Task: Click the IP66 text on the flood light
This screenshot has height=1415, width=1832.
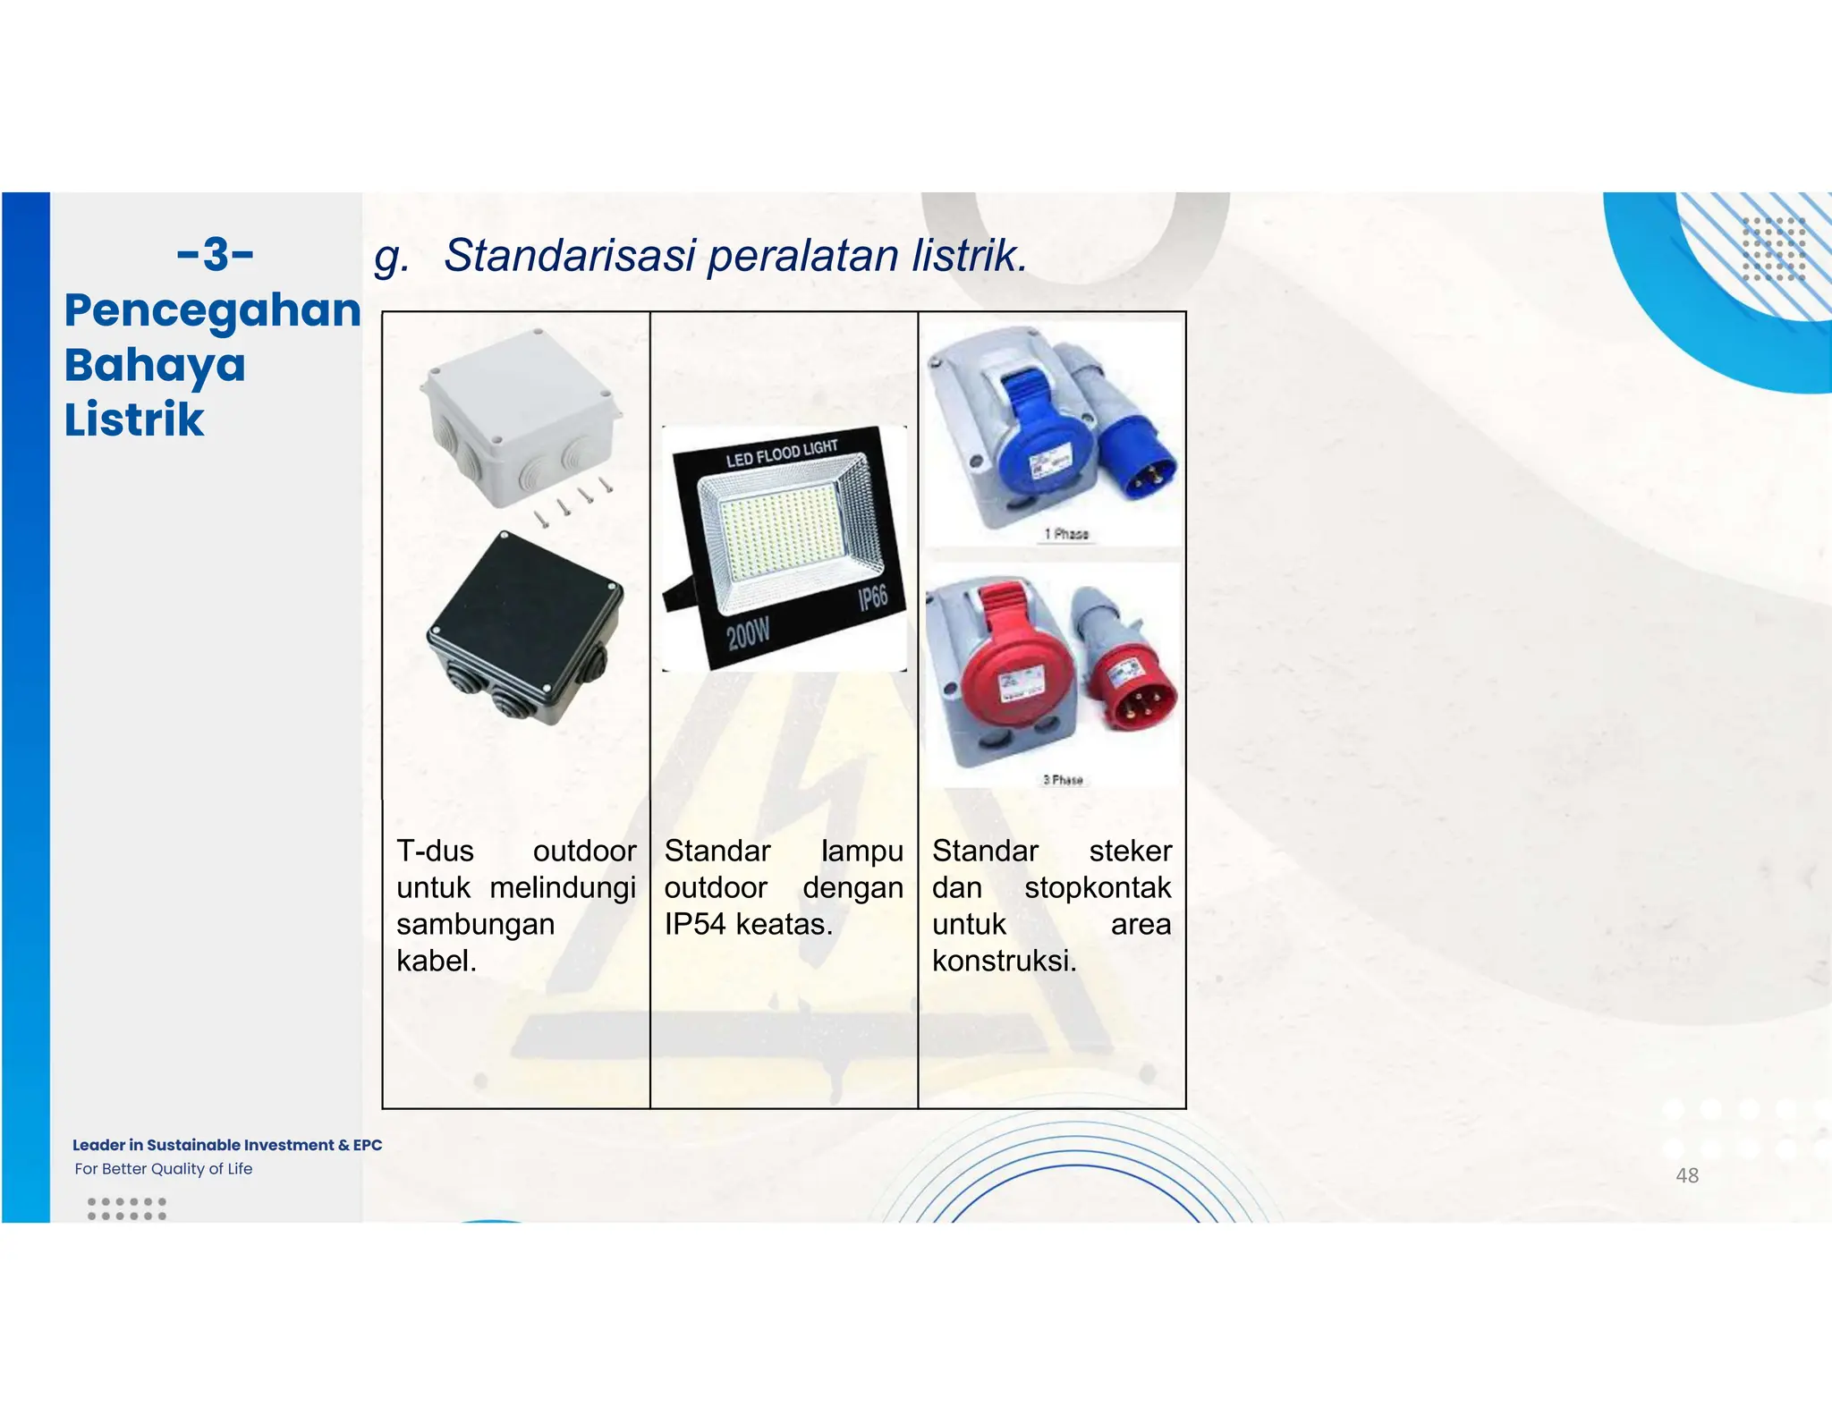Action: [x=872, y=597]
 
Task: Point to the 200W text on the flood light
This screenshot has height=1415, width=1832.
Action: [x=748, y=634]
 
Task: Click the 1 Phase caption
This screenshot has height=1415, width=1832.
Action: [x=1066, y=534]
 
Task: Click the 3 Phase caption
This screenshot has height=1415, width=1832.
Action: [x=1063, y=780]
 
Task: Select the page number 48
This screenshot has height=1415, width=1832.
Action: [x=1686, y=1175]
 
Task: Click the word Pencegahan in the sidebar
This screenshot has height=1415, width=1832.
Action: [x=213, y=310]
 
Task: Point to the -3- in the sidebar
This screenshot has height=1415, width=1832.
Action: [x=216, y=255]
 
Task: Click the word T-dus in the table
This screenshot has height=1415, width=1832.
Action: [x=435, y=851]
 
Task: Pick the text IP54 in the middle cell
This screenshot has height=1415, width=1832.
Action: [x=694, y=924]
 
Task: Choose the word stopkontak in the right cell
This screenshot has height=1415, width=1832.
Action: [x=1097, y=887]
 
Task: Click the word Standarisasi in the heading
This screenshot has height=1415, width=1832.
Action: [x=569, y=256]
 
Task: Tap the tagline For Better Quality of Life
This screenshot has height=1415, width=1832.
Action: [x=164, y=1169]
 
